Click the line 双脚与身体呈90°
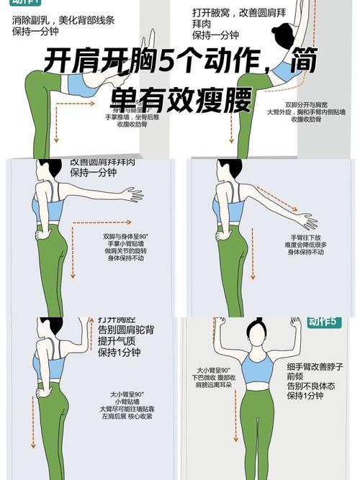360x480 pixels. pos(125,235)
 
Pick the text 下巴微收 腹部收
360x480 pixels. pos(213,377)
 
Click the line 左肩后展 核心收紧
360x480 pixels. pos(125,416)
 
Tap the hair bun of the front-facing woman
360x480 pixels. pos(253,327)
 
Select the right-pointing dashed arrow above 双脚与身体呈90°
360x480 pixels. pos(109,222)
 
